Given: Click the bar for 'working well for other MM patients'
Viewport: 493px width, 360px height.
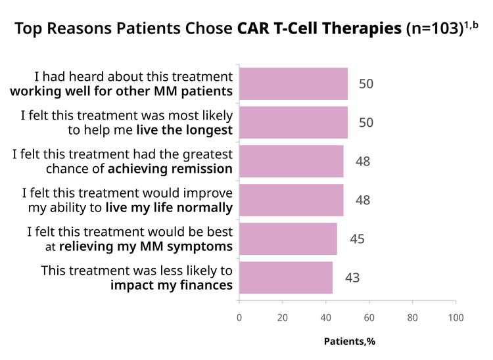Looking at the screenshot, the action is point(293,83).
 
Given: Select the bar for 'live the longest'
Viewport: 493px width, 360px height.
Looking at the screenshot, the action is point(293,122).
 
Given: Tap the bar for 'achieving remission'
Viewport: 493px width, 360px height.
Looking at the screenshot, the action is point(291,161).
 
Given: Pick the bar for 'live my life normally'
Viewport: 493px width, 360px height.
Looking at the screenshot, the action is point(291,200).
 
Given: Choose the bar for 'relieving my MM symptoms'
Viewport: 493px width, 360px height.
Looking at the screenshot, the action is point(288,238).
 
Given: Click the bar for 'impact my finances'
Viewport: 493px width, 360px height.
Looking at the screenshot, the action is point(286,278).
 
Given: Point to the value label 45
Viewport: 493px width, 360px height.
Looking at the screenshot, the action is point(357,239).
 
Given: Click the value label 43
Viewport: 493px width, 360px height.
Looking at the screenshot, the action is point(352,278).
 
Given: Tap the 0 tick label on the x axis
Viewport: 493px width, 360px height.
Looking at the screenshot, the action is point(239,317).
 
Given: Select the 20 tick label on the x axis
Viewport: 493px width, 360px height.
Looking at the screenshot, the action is point(283,317).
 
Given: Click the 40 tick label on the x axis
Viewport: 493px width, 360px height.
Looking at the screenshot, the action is point(326,317).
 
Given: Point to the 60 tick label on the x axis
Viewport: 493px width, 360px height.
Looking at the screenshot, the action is point(369,317).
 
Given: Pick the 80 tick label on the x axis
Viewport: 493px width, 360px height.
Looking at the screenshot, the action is point(413,317).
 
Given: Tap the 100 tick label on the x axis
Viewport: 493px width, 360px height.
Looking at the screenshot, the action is point(456,317).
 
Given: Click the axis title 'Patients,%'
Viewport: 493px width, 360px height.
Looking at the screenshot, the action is point(350,342).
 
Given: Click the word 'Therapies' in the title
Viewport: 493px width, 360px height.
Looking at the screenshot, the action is point(362,29).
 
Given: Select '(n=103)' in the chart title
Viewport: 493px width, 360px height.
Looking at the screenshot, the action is point(435,29).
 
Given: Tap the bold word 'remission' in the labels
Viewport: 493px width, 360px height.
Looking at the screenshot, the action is point(202,169).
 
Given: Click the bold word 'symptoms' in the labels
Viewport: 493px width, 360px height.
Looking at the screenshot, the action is point(200,247).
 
